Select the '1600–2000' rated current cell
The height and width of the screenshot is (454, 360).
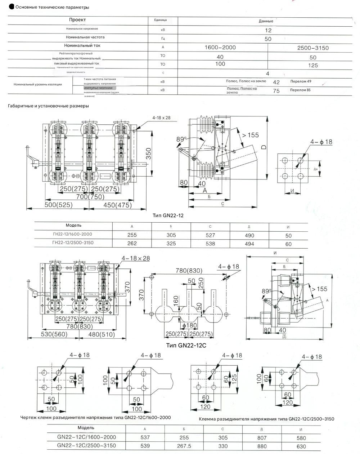point(220,48)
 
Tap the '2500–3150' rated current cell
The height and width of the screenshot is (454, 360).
point(313,48)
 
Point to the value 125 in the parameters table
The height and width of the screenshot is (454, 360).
point(313,65)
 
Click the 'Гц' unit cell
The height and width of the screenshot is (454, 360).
point(163,39)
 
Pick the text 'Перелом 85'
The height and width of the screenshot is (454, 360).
point(300,90)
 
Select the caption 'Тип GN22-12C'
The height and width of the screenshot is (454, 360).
point(186,345)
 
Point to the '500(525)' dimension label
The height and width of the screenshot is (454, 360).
point(59,205)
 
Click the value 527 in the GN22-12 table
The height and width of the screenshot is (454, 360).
point(210,235)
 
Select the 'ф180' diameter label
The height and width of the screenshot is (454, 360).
point(190,326)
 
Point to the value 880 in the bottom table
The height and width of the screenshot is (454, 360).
point(262,446)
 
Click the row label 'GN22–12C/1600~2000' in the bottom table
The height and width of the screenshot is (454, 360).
point(86,437)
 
